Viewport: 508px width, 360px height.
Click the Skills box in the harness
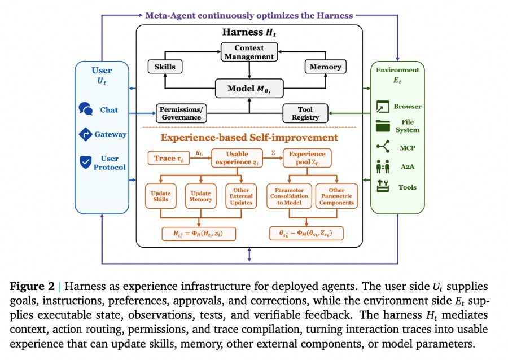pyautogui.click(x=165, y=67)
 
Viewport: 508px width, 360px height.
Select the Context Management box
pyautogui.click(x=249, y=52)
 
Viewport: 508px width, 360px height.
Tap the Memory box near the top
pyautogui.click(x=325, y=67)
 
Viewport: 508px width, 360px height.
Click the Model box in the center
pyautogui.click(x=249, y=89)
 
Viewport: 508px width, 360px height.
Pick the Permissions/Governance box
pyautogui.click(x=181, y=113)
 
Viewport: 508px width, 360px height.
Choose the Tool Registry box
pyautogui.click(x=305, y=113)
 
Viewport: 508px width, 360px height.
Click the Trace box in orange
pyautogui.click(x=168, y=159)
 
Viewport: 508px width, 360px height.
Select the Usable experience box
pyautogui.click(x=237, y=158)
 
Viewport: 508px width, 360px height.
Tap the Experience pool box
pyautogui.click(x=307, y=158)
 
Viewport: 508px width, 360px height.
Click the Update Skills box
pyautogui.click(x=161, y=196)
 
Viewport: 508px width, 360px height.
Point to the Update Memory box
pyautogui.click(x=200, y=196)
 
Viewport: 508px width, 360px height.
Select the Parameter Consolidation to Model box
pyautogui.click(x=290, y=196)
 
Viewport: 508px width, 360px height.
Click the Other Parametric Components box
pyautogui.click(x=336, y=196)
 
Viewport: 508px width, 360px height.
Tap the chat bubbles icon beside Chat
pyautogui.click(x=86, y=109)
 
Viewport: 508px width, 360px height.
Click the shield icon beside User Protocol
pyautogui.click(x=86, y=162)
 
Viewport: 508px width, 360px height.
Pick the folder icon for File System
pyautogui.click(x=383, y=126)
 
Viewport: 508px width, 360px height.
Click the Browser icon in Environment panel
pyautogui.click(x=383, y=107)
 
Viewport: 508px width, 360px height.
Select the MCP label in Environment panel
pyautogui.click(x=407, y=148)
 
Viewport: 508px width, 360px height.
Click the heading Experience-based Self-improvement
pyautogui.click(x=249, y=138)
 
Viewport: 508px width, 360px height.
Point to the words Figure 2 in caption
pyautogui.click(x=32, y=286)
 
